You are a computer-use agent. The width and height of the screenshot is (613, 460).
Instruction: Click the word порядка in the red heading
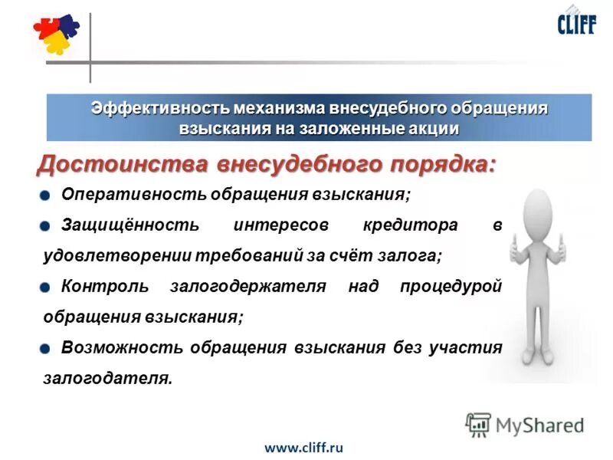tap(434, 164)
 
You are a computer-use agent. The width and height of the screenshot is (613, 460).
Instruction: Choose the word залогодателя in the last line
tap(106, 378)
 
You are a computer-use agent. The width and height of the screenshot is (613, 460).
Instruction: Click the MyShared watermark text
tap(539, 425)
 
